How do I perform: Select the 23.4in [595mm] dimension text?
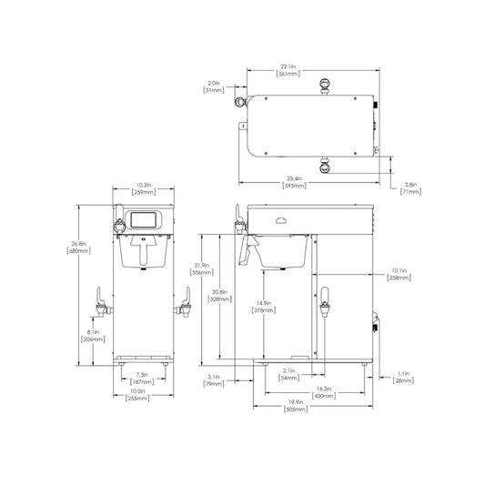coord(294,182)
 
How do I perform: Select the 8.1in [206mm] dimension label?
coord(92,336)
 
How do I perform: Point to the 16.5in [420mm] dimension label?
coord(322,390)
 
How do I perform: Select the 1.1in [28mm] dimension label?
coord(405,376)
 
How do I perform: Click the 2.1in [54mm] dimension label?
coord(290,374)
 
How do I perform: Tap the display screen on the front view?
coord(144,219)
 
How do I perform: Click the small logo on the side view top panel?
coord(280,218)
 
